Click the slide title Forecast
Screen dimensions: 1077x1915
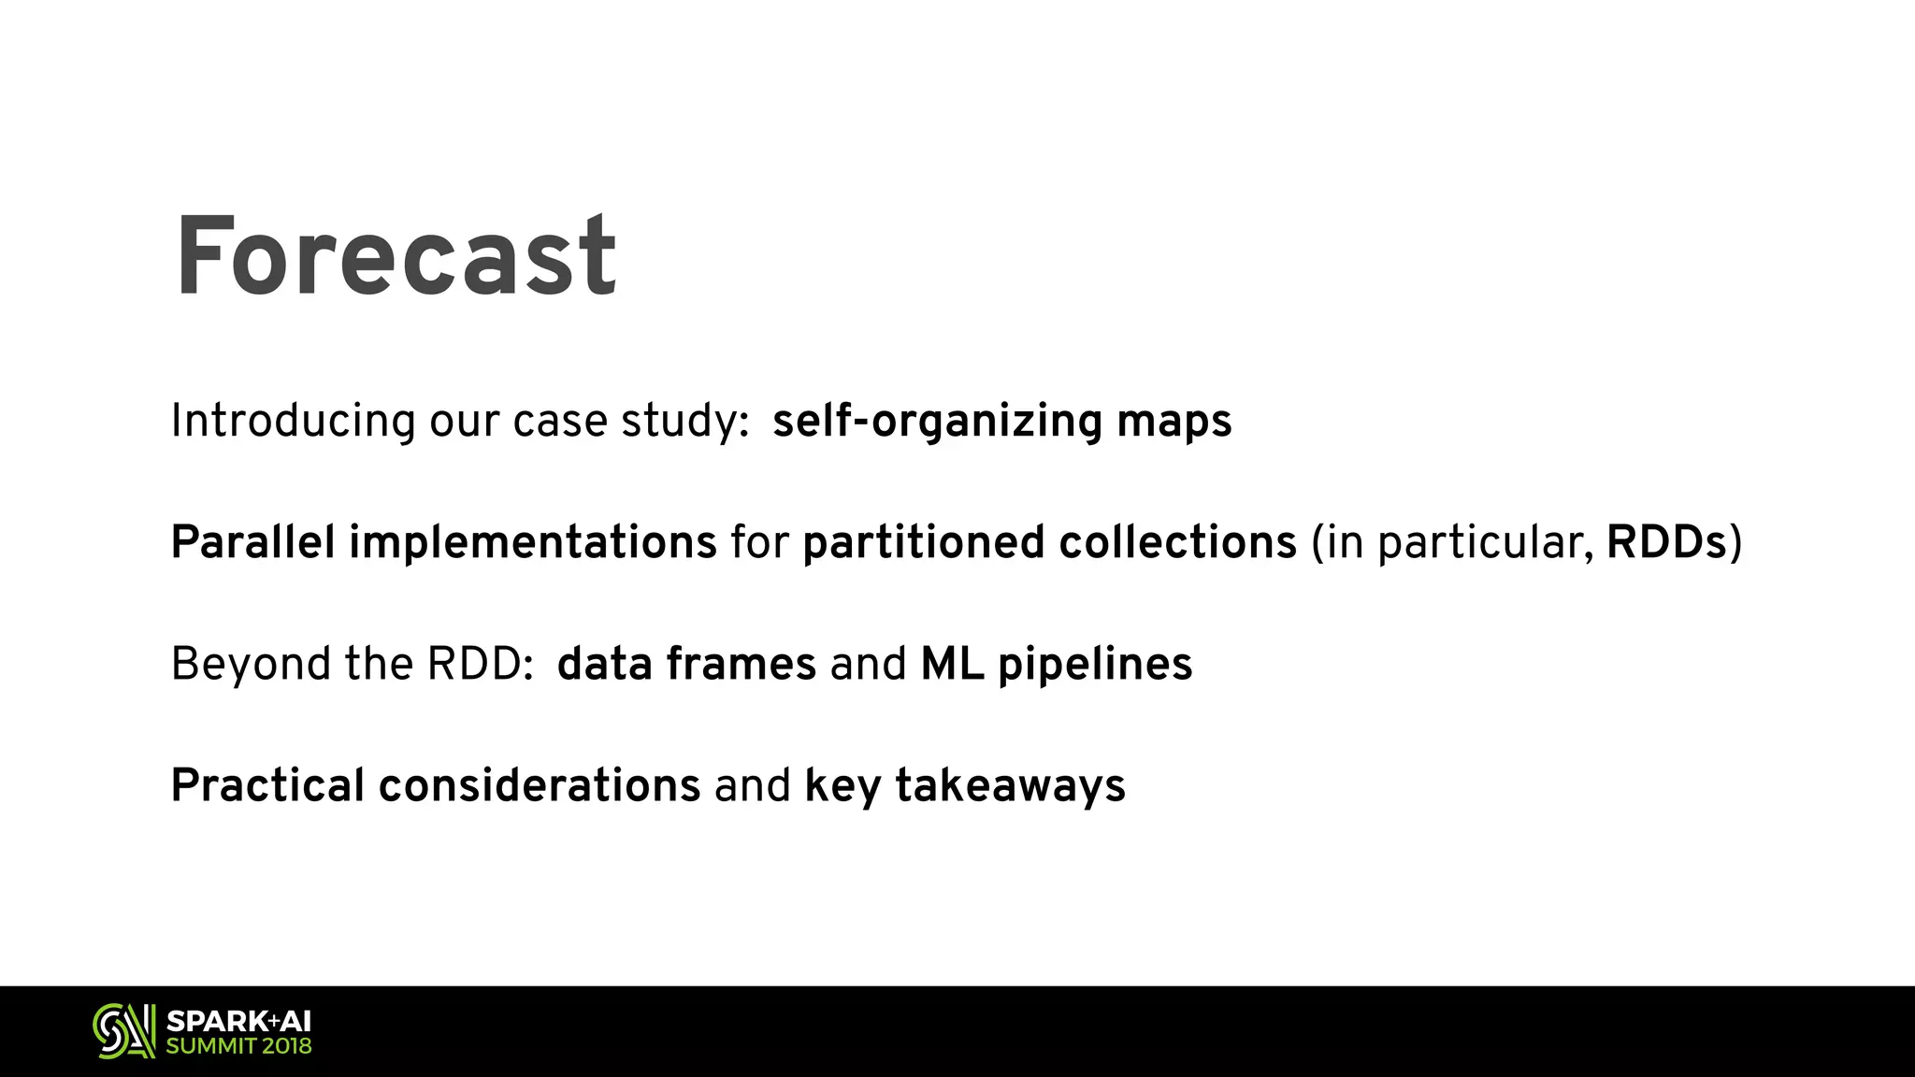396,257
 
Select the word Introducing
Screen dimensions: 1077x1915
293,421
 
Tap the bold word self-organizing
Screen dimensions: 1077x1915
937,421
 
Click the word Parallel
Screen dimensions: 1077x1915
252,542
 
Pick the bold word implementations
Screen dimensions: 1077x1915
533,542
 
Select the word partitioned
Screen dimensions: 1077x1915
923,542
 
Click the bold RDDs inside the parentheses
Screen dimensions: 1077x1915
1666,542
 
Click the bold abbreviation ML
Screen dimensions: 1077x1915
952,664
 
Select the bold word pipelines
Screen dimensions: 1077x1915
1095,665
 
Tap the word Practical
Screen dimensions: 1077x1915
267,785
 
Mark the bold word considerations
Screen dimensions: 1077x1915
540,785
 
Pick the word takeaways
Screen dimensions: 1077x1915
1010,786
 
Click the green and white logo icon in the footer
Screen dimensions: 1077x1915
124,1031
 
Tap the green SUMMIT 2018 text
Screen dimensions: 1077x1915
238,1046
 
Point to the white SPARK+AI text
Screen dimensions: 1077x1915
238,1021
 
